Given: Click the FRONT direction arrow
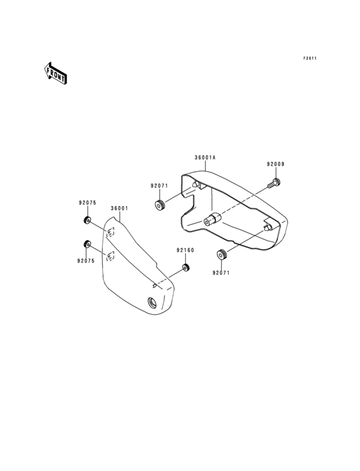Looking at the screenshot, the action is pyautogui.click(x=55, y=73).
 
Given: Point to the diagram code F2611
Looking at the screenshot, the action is pyautogui.click(x=310, y=59).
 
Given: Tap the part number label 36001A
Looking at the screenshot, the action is pyautogui.click(x=205, y=158).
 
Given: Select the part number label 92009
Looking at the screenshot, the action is pyautogui.click(x=276, y=164).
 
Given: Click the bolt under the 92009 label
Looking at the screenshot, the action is pyautogui.click(x=274, y=183).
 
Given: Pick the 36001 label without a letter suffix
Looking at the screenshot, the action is pyautogui.click(x=119, y=208).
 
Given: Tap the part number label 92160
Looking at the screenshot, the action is pyautogui.click(x=185, y=250).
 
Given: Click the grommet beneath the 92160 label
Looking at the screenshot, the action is pyautogui.click(x=186, y=267).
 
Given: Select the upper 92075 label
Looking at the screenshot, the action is pyautogui.click(x=87, y=203).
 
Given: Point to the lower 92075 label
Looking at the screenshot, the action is pyautogui.click(x=85, y=261).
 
